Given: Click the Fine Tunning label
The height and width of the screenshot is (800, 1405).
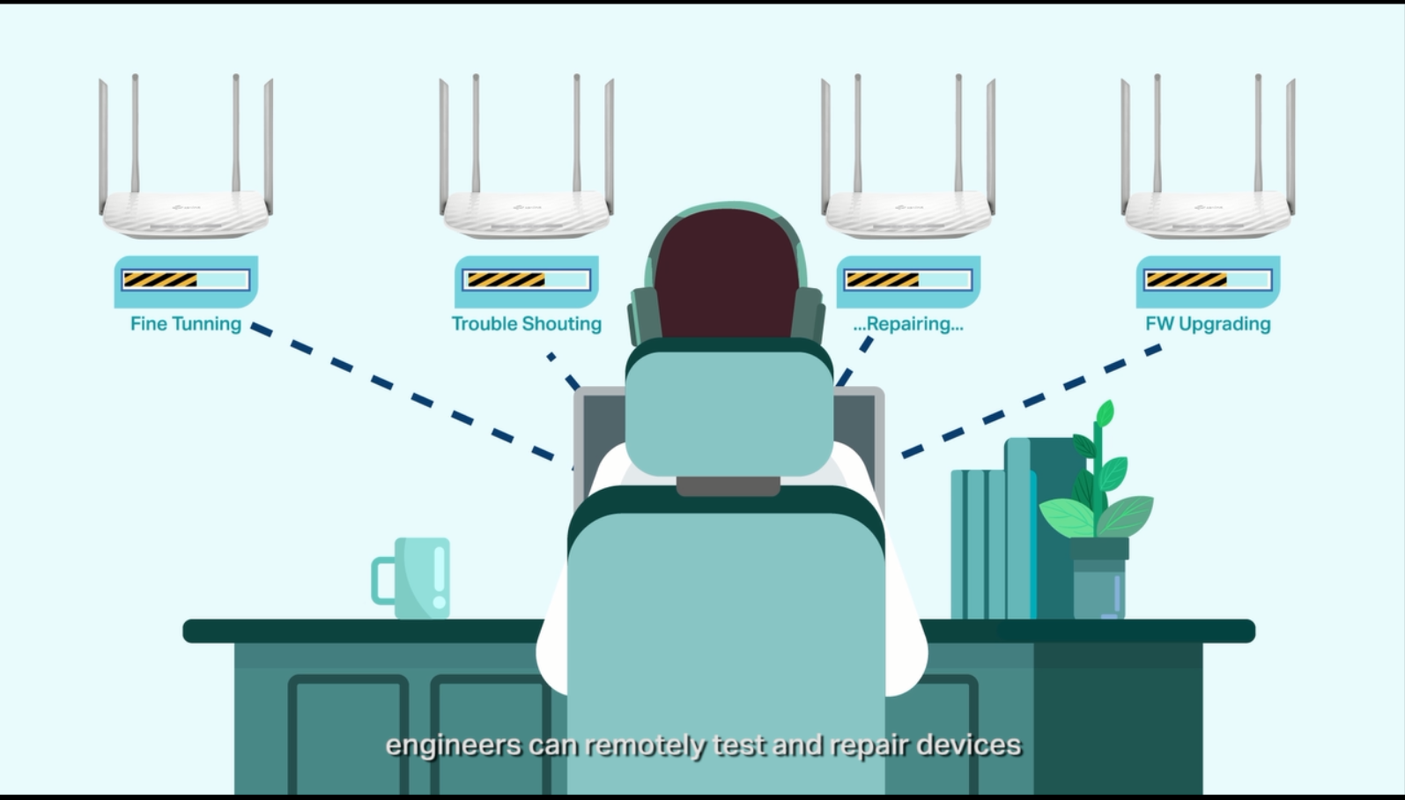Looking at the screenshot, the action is tap(186, 323).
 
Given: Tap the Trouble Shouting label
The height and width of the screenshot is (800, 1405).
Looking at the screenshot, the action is tap(526, 323).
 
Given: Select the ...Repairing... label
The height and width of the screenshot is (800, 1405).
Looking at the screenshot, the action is tap(908, 323).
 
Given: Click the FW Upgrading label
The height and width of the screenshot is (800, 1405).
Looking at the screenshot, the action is tap(1208, 323).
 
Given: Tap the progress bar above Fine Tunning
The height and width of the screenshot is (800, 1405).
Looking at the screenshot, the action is tap(186, 280).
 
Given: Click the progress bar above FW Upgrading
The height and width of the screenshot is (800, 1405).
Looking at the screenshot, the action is tap(1208, 280).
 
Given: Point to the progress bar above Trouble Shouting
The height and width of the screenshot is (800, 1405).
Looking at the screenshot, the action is tap(526, 280).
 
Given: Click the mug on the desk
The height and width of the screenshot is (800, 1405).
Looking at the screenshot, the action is tap(411, 578).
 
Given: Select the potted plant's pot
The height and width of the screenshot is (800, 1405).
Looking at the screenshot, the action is tap(1099, 578).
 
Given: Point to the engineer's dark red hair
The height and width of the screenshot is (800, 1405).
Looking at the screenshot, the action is tap(727, 274).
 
